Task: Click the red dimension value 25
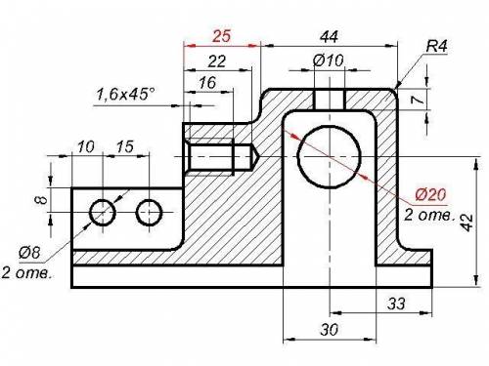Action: point(221,36)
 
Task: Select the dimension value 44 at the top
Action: point(329,37)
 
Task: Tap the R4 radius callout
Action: point(437,47)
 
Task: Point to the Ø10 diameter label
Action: point(328,61)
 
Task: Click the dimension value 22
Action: point(217,61)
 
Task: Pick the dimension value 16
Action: point(207,83)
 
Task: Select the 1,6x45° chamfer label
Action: point(126,95)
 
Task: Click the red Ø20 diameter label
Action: point(431,194)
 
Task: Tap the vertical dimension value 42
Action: point(467,223)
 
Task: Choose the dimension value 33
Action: point(396,304)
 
